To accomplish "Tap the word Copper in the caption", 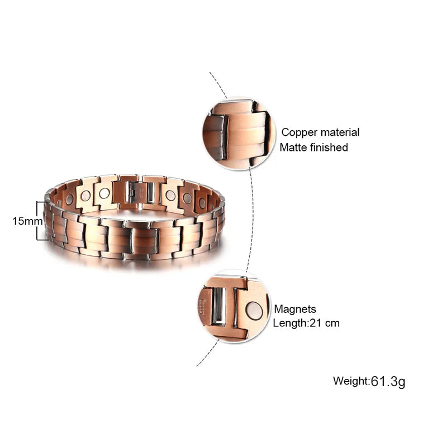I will coord(298,132).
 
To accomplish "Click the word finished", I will coord(330,148).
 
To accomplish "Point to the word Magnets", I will coord(295,309).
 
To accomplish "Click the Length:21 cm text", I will coord(306,323).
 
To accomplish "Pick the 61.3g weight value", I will coord(388,382).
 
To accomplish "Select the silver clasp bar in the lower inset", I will coord(219,307).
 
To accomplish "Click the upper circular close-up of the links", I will coord(239,133).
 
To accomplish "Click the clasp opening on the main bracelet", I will coord(139,193).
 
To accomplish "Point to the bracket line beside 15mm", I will coord(38,221).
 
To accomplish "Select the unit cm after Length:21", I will coord(333,323).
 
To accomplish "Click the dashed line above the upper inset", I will coord(218,84).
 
